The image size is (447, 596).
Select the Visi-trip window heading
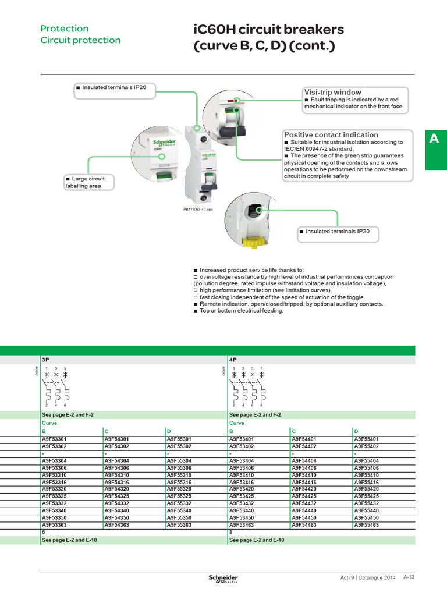pyautogui.click(x=332, y=92)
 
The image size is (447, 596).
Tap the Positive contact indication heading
pyautogui.click(x=331, y=134)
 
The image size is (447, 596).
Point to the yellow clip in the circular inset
pyautogui.click(x=256, y=240)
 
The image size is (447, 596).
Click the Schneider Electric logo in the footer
pyautogui.click(x=223, y=577)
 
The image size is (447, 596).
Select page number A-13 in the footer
pyautogui.click(x=409, y=577)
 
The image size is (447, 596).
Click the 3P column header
pyautogui.click(x=45, y=360)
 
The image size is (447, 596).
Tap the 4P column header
pyautogui.click(x=233, y=360)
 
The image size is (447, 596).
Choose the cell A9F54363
pyautogui.click(x=116, y=525)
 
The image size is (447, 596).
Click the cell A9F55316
pyautogui.click(x=179, y=483)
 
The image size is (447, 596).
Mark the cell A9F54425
pyautogui.click(x=304, y=496)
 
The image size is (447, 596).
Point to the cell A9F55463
pyautogui.click(x=367, y=525)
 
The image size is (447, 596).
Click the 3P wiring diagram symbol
pyautogui.click(x=57, y=386)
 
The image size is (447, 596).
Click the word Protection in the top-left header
pyautogui.click(x=64, y=29)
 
